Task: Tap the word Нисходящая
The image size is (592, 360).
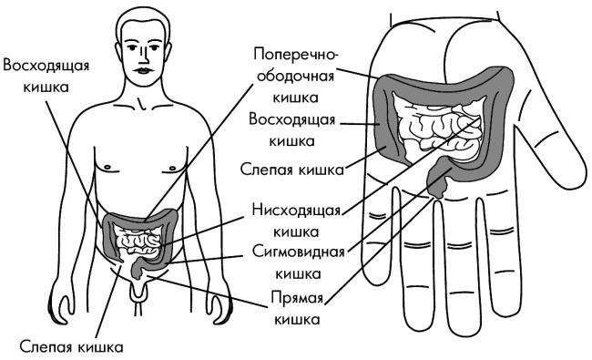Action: (295, 211)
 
